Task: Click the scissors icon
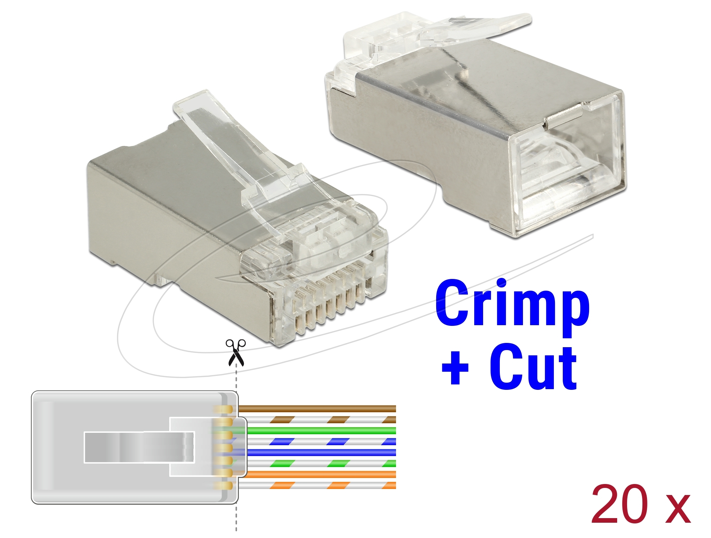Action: pyautogui.click(x=236, y=353)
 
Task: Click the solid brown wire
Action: pyautogui.click(x=317, y=409)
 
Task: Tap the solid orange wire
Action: pyautogui.click(x=317, y=474)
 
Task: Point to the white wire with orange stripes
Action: pyautogui.click(x=317, y=485)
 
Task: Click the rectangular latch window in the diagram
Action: pyautogui.click(x=139, y=447)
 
